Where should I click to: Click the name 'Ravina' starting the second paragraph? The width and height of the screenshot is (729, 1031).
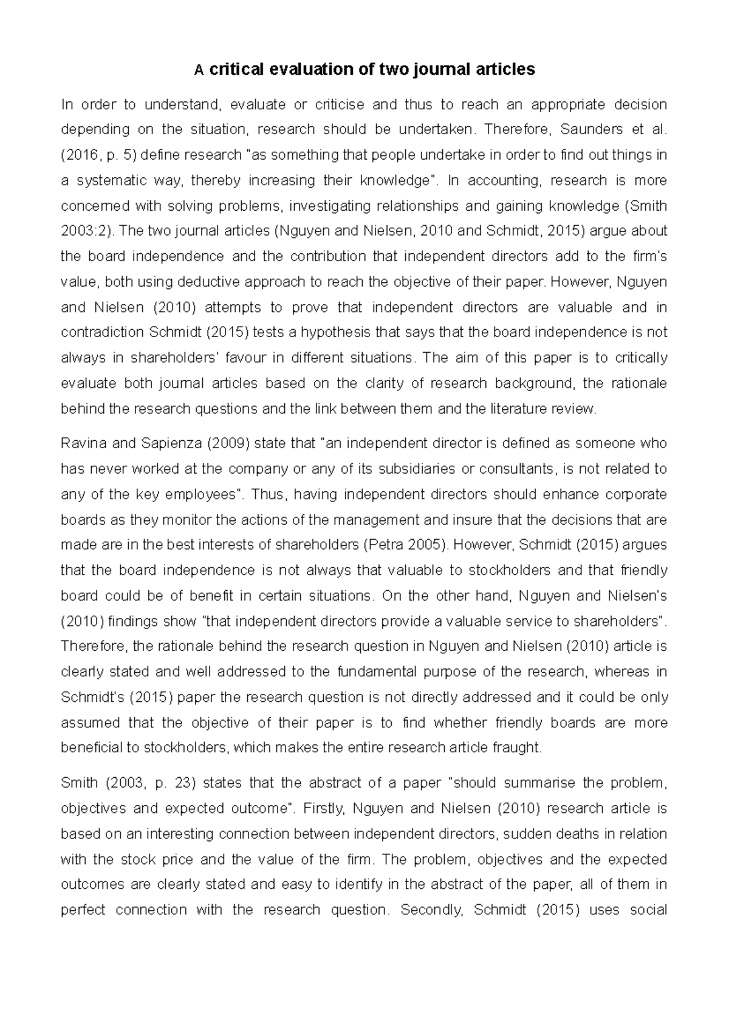83,443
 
